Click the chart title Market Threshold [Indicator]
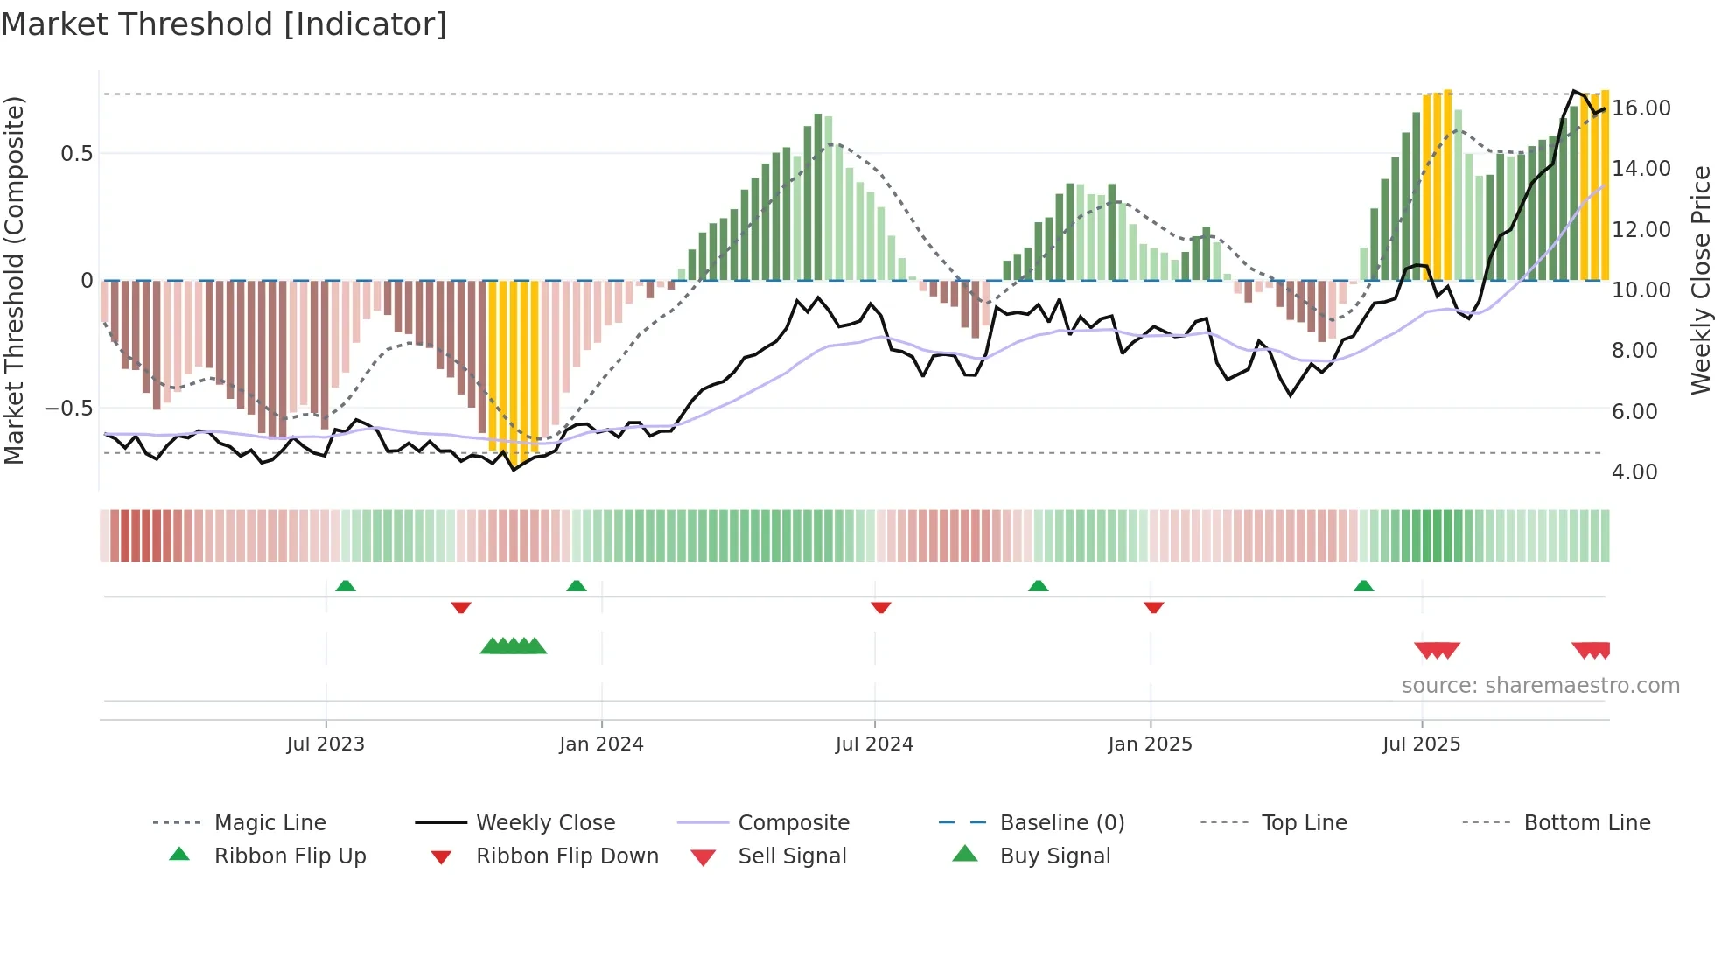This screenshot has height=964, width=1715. click(x=224, y=24)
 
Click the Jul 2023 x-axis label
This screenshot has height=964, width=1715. click(x=325, y=744)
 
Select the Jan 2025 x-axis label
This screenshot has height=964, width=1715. click(x=1150, y=744)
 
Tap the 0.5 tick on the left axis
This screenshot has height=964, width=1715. click(x=76, y=154)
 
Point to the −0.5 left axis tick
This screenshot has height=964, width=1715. click(x=68, y=409)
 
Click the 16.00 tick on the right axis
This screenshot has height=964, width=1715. click(x=1641, y=108)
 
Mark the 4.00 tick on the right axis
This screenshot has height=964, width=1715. click(x=1634, y=472)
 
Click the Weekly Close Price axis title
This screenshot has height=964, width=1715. click(x=1700, y=280)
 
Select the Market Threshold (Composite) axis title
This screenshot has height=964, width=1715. click(x=14, y=280)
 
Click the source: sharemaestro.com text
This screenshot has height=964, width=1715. click(x=1540, y=686)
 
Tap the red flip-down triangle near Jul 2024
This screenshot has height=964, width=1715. click(x=881, y=607)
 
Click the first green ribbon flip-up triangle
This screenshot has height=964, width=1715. click(x=346, y=585)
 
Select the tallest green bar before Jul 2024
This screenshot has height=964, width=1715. click(x=818, y=197)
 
